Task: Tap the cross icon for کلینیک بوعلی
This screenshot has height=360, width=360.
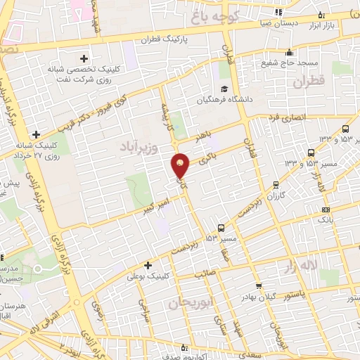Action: point(148,265)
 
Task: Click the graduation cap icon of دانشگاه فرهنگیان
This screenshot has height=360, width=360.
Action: point(224,89)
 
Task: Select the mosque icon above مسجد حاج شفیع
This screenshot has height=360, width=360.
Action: point(289,51)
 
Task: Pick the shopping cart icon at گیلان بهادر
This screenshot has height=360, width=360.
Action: point(259,285)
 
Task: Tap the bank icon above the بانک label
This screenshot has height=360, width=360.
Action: point(325,209)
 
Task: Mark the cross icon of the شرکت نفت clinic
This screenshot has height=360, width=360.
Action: point(84,58)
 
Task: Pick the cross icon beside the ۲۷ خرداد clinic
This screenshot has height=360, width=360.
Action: point(36,134)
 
